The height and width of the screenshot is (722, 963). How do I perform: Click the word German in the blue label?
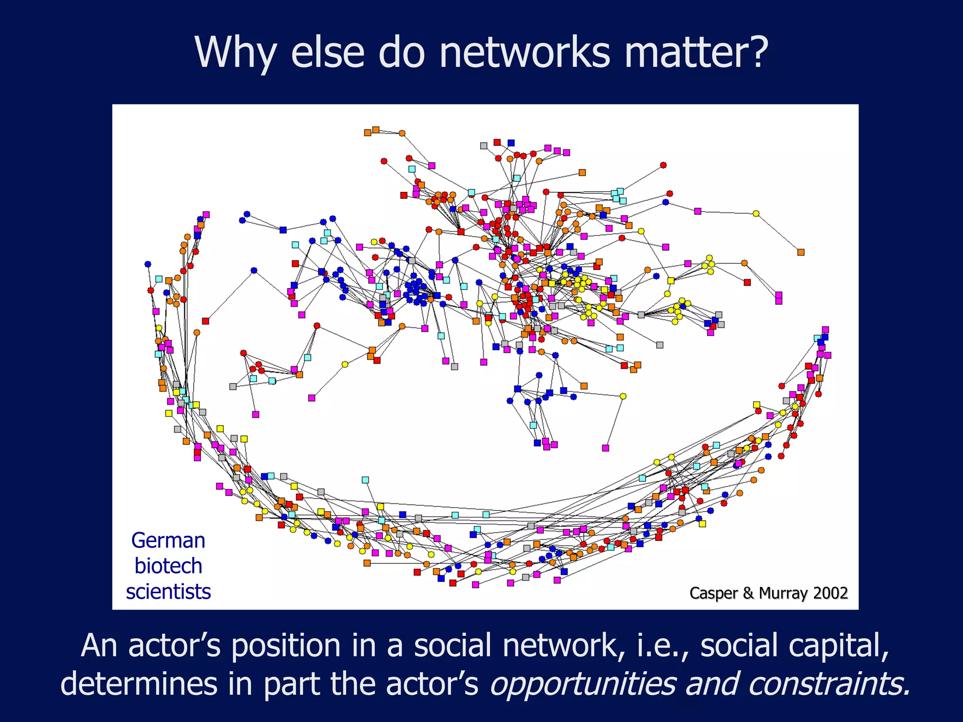tap(168, 541)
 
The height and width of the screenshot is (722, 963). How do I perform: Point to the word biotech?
tap(168, 566)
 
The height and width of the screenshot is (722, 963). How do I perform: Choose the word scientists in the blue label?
tap(168, 592)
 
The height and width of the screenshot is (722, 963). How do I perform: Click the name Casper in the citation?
tap(714, 593)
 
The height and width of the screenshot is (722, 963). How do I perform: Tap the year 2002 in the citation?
tap(830, 593)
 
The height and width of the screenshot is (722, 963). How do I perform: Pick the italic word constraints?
tap(829, 683)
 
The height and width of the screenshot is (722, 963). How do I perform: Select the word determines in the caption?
tap(139, 683)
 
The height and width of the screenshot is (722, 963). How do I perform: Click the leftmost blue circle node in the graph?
tap(148, 264)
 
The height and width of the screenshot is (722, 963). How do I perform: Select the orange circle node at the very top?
tap(402, 133)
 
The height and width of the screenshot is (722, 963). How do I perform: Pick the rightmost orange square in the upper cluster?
tap(801, 252)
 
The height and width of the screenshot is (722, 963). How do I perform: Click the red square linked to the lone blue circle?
tap(205, 321)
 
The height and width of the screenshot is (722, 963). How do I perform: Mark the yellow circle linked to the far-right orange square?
tap(756, 213)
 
